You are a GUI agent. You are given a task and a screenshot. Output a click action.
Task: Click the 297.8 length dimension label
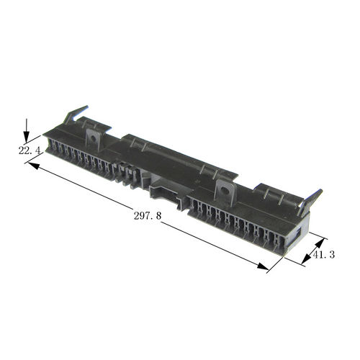coord(148,216)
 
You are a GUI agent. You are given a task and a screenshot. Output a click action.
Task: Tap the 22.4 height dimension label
coord(30,150)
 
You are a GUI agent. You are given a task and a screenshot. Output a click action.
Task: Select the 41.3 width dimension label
coord(324,255)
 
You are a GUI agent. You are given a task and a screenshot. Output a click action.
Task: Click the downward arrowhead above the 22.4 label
coord(26,138)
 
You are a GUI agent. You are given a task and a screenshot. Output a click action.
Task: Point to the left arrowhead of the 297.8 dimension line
coord(34,166)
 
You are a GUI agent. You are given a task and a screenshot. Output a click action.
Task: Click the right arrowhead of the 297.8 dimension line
coord(263,266)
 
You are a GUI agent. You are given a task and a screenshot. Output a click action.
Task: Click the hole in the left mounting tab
coord(93,138)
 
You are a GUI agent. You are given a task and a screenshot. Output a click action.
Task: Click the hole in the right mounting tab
coord(225,191)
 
